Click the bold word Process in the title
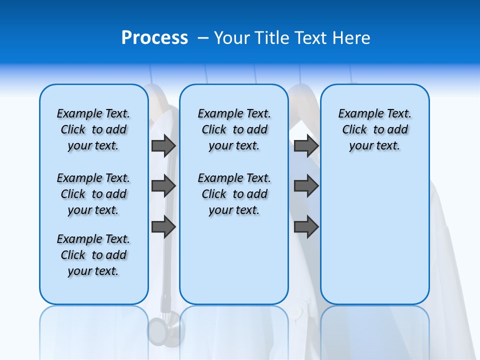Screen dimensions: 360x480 coord(154,38)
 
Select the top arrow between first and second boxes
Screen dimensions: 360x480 coord(163,145)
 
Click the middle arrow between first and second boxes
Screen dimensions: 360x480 coord(163,186)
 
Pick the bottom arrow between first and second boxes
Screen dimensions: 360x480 coord(163,226)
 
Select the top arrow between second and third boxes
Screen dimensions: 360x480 coord(306,145)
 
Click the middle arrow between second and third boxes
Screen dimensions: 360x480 coord(306,186)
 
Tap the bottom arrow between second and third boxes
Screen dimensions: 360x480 coord(306,226)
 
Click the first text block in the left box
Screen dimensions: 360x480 coord(93,129)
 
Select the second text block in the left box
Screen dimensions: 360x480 coord(93,194)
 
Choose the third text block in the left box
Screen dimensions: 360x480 coord(93,255)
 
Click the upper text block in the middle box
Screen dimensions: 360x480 coord(234,129)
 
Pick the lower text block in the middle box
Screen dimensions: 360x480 coord(234,194)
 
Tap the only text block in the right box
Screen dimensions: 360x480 coord(374,129)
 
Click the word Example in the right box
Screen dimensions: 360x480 coord(356,114)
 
